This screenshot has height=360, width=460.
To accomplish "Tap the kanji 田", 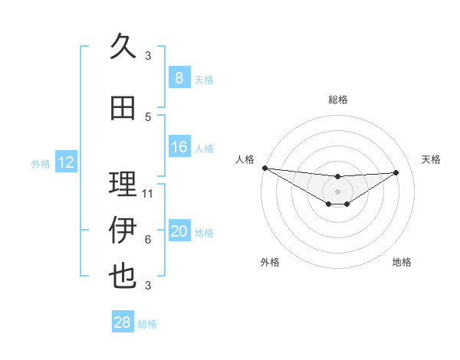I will pos(123,109).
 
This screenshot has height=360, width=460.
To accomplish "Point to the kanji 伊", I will pos(123,231).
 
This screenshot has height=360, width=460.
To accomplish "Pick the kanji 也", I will pos(123,275).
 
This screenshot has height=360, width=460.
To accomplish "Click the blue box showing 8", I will pos(179,77).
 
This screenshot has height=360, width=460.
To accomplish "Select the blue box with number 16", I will pos(179,147).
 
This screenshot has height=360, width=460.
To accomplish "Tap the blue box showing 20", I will pos(179,231).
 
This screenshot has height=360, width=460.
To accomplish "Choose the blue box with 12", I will pos(66,162).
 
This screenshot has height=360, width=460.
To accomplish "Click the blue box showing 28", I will pos(123,322).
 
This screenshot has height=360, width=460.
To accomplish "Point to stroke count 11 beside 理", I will pos(148,194).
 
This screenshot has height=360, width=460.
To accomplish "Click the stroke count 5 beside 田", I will pos(148,117).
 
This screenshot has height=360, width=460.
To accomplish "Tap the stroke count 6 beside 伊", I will pos(148,240).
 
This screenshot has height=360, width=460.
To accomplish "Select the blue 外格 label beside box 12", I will pos(41,163).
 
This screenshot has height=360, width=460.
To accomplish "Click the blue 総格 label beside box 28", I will pos(148,324).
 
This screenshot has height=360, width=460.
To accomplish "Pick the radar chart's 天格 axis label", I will pos(432,159).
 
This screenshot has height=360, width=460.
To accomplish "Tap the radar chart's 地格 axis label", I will pos(402,262).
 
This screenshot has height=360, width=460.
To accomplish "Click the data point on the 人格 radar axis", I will pos(264,168).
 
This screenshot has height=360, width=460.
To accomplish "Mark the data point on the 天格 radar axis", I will pos(396,172).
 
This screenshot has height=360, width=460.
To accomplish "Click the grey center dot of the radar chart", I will pos(337,191).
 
